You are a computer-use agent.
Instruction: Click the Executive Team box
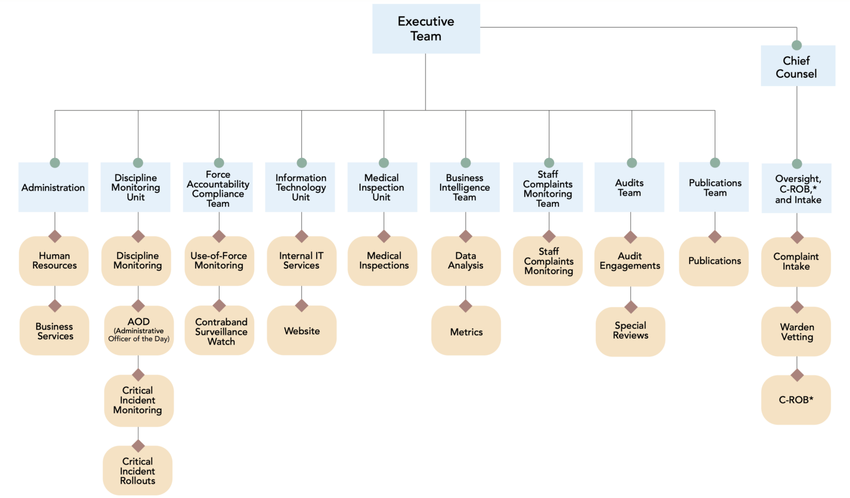(426, 29)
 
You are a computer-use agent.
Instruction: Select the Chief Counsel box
(796, 67)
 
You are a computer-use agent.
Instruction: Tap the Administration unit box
(53, 187)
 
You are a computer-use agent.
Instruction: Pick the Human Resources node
(54, 261)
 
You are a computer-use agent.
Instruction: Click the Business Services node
(54, 331)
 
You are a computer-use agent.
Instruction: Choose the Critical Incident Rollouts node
(138, 470)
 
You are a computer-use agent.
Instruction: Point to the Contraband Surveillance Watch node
(220, 331)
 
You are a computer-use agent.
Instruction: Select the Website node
(302, 331)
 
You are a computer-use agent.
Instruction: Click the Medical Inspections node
(383, 261)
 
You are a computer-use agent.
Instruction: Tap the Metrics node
(466, 332)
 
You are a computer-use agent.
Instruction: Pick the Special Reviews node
(630, 331)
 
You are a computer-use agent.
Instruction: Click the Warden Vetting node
(796, 332)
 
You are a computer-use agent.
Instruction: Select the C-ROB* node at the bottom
(796, 400)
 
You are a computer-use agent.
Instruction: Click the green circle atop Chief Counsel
(796, 45)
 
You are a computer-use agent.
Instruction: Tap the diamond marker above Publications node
(714, 237)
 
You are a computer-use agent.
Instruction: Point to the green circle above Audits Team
(632, 163)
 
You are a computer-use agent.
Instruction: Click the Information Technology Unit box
(301, 187)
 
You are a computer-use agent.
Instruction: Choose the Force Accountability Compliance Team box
(218, 189)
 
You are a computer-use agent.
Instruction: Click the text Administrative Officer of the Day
(139, 335)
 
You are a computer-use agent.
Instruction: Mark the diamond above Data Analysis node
(466, 236)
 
